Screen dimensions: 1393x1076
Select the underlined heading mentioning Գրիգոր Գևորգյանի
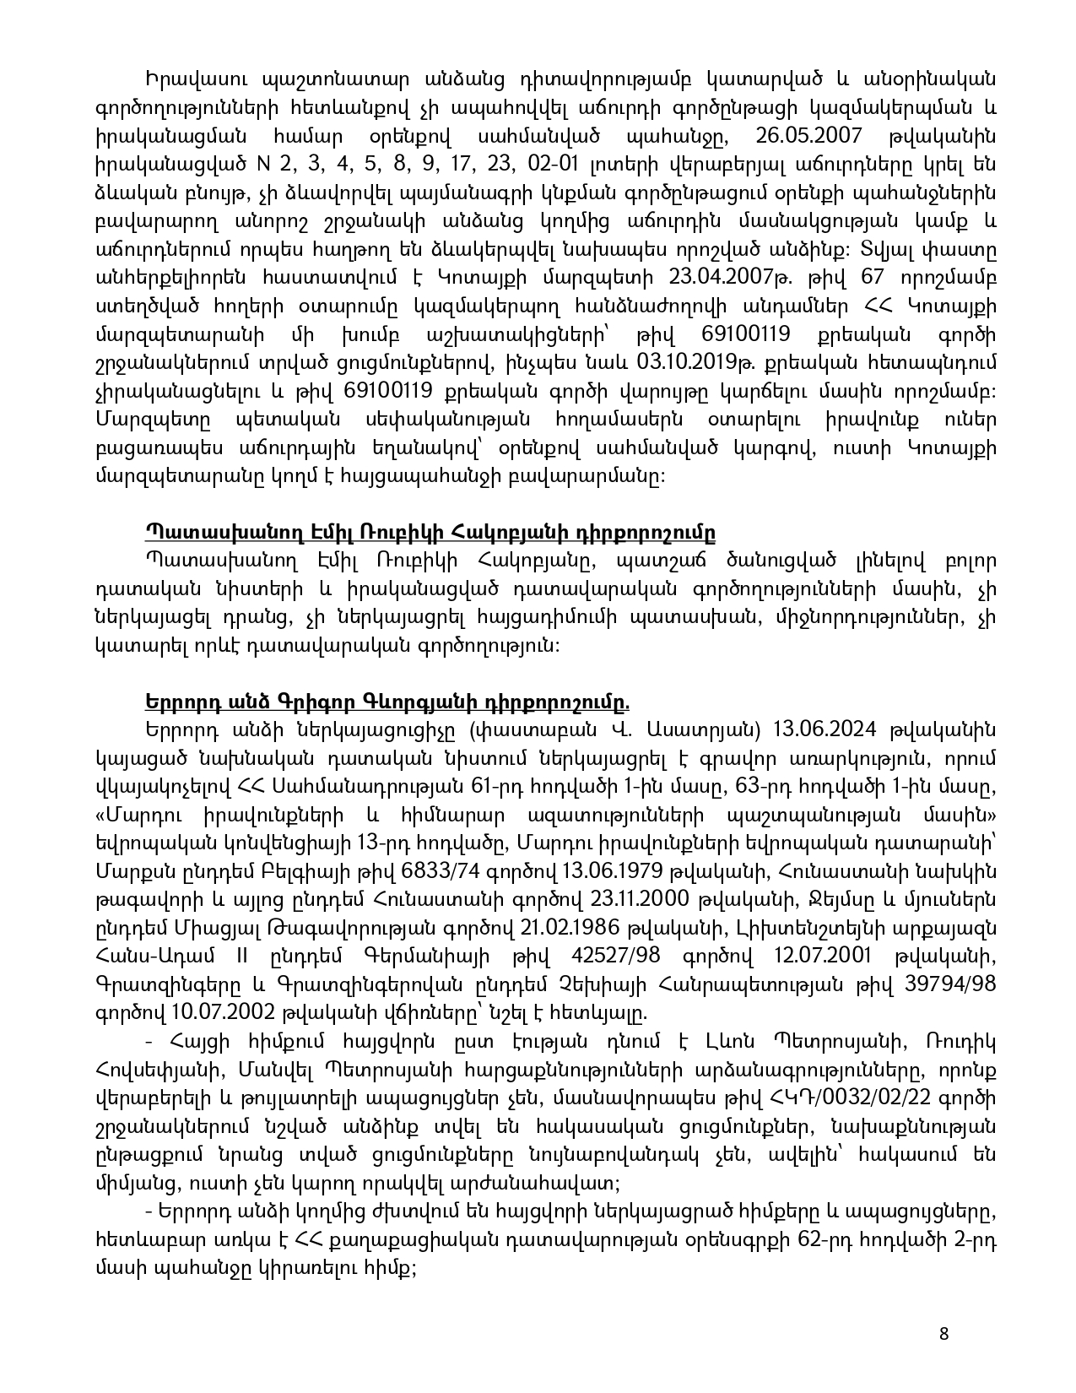pyautogui.click(x=387, y=702)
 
